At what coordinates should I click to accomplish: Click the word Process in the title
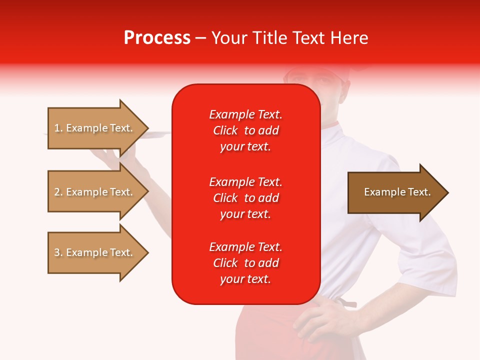tap(157, 38)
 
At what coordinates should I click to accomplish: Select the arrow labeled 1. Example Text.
tap(95, 128)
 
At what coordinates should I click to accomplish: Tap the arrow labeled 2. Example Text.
tap(95, 192)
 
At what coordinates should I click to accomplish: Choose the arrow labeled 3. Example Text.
tap(95, 252)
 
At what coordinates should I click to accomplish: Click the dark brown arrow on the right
tap(395, 192)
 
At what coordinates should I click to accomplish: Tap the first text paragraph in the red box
tap(245, 130)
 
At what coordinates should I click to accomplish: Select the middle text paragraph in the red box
tap(245, 198)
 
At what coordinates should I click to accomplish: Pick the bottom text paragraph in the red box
tap(245, 263)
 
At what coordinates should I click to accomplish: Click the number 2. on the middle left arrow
tap(58, 192)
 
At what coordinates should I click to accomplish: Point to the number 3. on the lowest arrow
tap(58, 252)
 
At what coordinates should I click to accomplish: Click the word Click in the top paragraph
tap(225, 130)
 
